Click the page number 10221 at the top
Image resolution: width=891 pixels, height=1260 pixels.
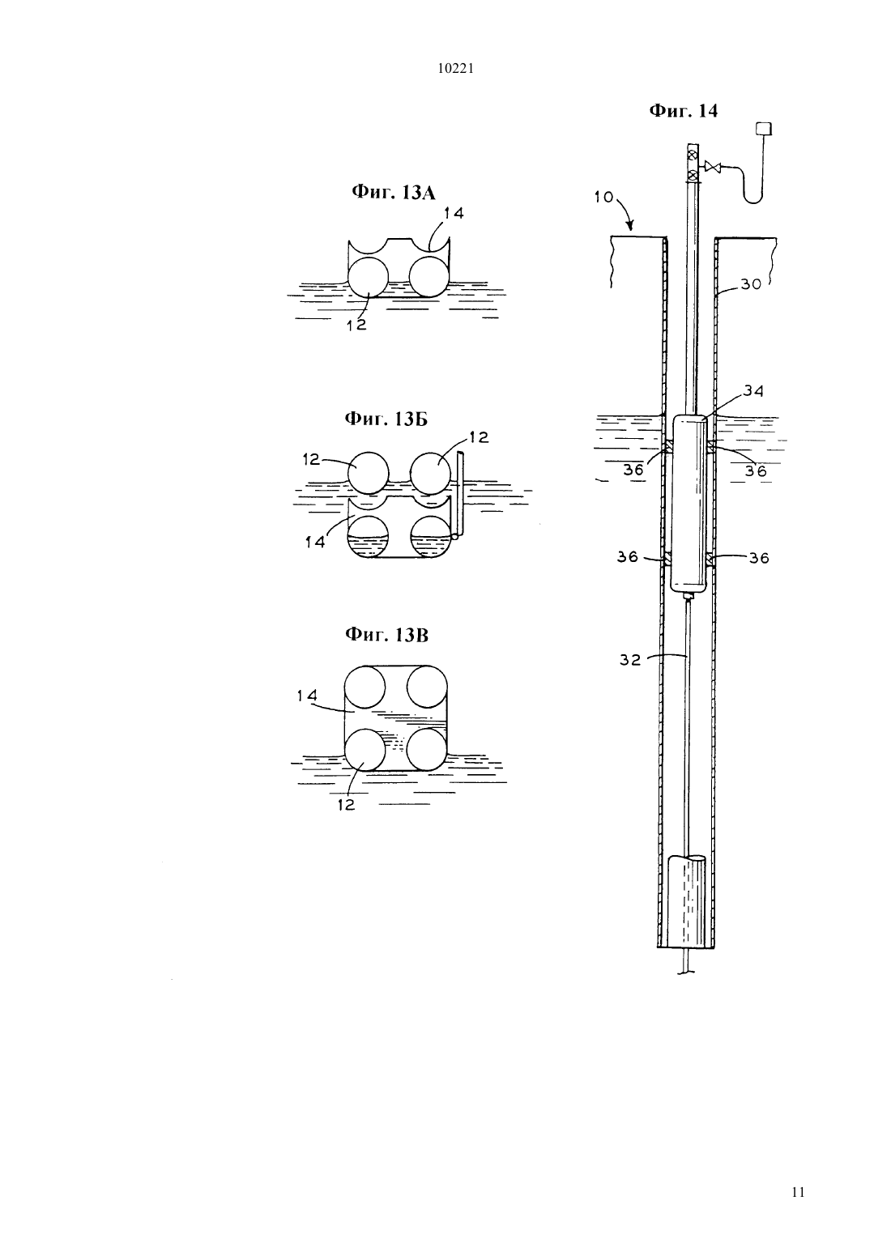click(x=455, y=69)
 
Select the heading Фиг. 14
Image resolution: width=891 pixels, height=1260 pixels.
click(x=684, y=111)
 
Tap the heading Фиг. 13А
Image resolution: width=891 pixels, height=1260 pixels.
click(x=394, y=193)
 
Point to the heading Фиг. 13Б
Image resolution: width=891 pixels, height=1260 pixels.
click(x=386, y=419)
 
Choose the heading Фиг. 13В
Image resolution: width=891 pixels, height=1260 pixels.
click(x=386, y=635)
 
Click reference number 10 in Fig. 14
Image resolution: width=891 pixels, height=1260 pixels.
click(x=603, y=197)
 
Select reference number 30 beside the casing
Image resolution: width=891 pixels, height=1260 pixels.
click(x=750, y=284)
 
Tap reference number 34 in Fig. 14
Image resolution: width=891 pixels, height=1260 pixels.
click(x=753, y=390)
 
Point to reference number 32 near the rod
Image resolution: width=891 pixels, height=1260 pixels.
click(x=630, y=660)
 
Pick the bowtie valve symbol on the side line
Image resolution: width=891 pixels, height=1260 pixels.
click(x=713, y=167)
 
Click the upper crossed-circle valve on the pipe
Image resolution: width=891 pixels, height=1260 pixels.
click(x=693, y=155)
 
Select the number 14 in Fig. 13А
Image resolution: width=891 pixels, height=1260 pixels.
click(x=454, y=213)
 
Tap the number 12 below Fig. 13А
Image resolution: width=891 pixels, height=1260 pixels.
click(x=356, y=325)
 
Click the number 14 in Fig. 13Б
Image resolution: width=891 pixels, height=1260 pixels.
click(x=316, y=542)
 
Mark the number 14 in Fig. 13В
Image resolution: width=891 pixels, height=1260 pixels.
click(x=308, y=696)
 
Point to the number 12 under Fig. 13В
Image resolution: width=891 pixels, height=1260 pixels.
click(x=347, y=805)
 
